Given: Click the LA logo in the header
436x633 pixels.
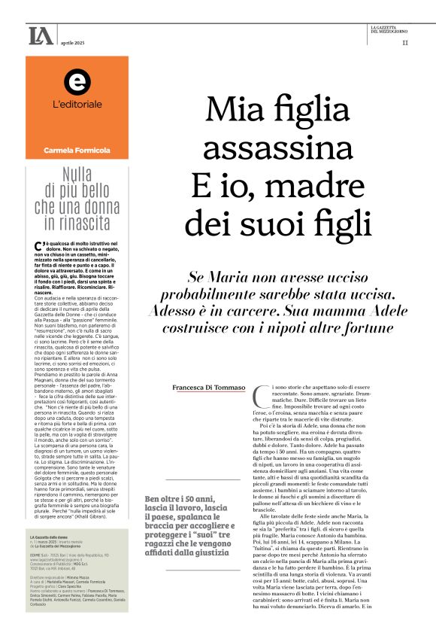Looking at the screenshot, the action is click(41, 35).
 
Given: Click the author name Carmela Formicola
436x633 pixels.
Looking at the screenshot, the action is click(76, 151).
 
